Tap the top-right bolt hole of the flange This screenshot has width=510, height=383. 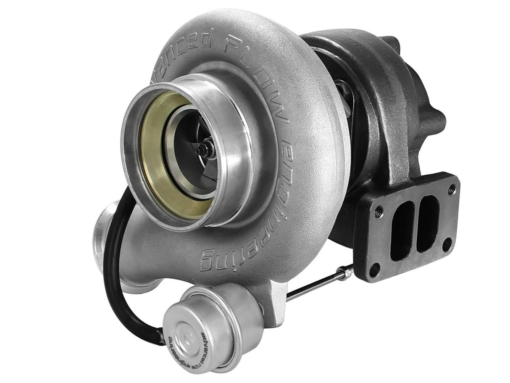click(451, 190)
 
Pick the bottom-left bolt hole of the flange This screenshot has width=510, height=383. click(373, 268)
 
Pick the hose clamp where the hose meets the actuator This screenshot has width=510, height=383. click(161, 336)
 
